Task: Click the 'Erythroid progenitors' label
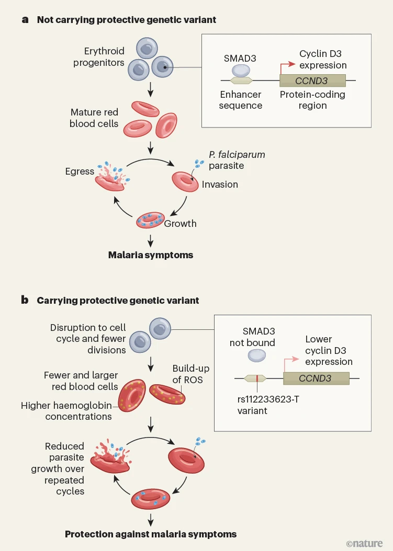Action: (104, 57)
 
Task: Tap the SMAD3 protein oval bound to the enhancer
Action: (241, 70)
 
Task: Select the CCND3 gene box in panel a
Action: (312, 81)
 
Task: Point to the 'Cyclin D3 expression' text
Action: (323, 60)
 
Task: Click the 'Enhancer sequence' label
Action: (241, 100)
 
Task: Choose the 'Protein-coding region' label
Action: (312, 100)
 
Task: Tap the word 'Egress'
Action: (80, 171)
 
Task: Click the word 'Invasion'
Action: (221, 184)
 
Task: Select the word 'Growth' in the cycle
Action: (181, 223)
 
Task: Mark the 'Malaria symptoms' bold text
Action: (151, 255)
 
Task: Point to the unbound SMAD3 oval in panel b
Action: (256, 355)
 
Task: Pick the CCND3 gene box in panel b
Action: (316, 378)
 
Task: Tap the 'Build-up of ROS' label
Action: (187, 374)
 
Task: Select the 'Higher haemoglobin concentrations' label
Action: (66, 411)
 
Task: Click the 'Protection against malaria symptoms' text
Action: (151, 534)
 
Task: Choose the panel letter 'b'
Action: (25, 300)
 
